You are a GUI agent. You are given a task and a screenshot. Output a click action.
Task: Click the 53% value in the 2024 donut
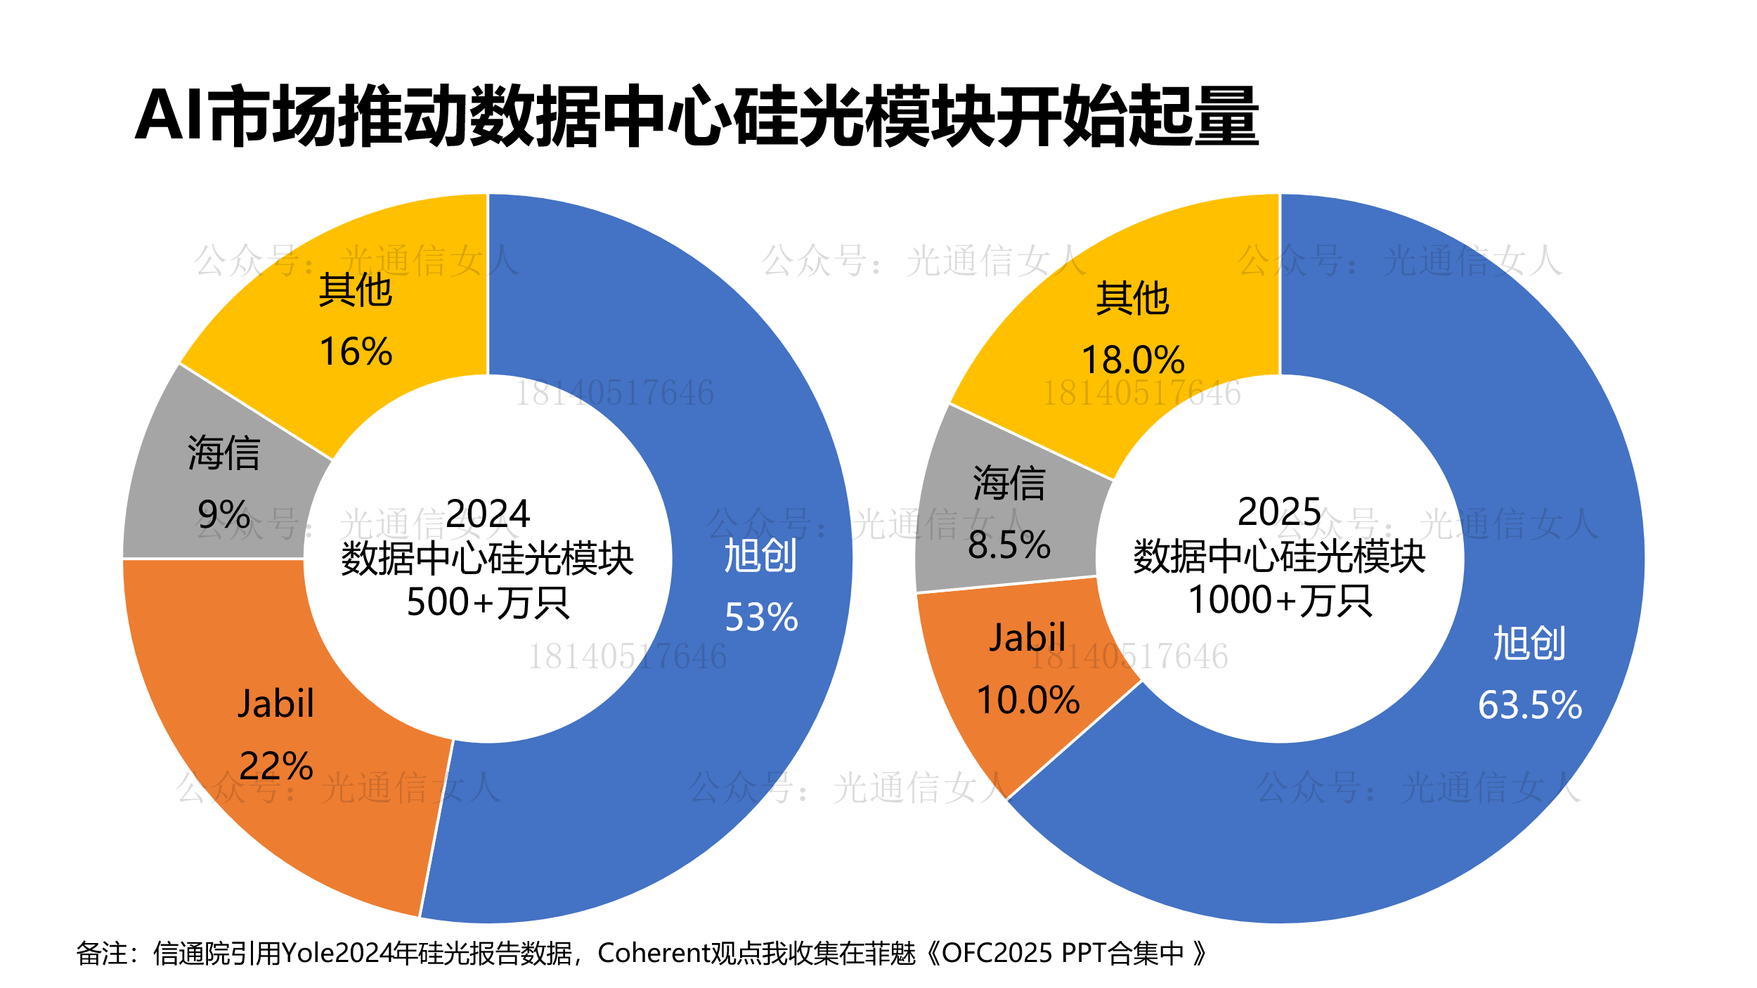click(x=761, y=618)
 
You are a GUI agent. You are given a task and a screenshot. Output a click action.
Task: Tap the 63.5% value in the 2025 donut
click(x=1530, y=705)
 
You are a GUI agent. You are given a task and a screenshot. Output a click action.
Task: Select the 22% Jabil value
click(x=276, y=766)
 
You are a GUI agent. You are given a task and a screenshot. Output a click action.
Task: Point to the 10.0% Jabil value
click(x=1027, y=701)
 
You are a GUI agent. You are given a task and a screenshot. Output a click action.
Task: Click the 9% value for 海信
click(x=223, y=514)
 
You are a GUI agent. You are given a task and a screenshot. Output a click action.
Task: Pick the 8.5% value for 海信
click(x=1009, y=545)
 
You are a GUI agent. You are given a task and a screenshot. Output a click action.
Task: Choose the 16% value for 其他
click(x=356, y=352)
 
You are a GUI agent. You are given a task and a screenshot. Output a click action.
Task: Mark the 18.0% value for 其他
click(x=1133, y=360)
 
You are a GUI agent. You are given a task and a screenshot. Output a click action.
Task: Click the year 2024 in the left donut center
click(x=488, y=514)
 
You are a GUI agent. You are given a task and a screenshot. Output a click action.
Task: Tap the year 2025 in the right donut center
click(x=1279, y=512)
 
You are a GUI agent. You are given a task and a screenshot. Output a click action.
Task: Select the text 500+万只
click(x=488, y=602)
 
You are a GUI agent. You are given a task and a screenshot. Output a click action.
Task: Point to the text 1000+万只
click(x=1280, y=601)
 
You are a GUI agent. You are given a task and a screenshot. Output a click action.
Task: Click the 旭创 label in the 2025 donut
click(x=1529, y=644)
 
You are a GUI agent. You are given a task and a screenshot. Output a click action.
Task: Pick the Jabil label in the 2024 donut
click(x=275, y=704)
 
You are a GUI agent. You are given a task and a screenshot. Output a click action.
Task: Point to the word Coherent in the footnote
click(x=655, y=954)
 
